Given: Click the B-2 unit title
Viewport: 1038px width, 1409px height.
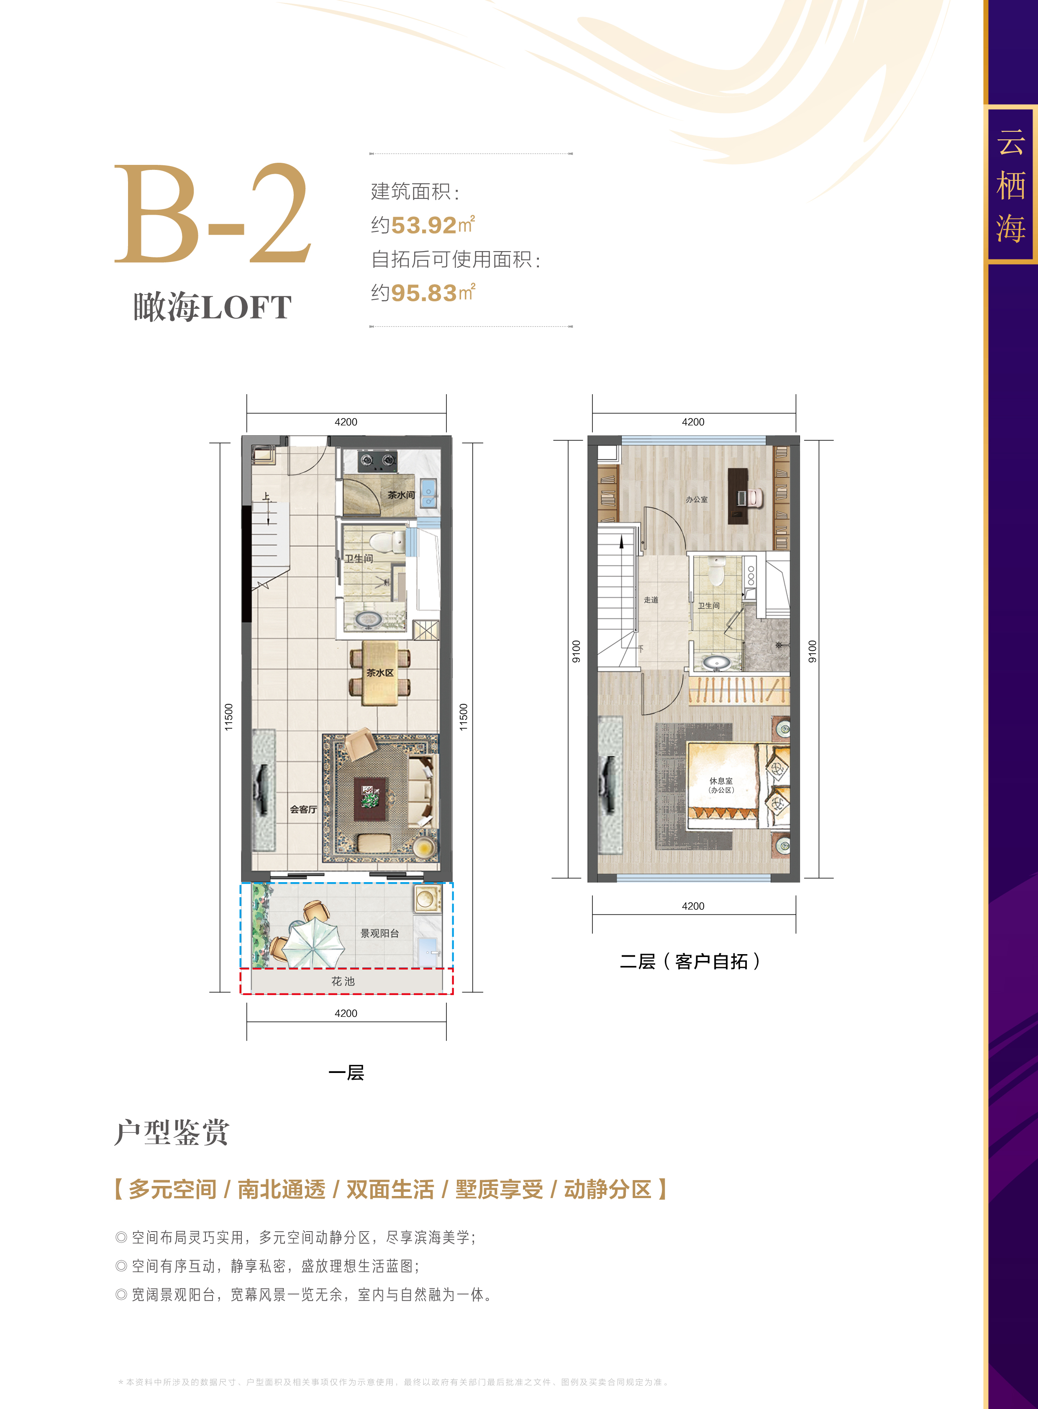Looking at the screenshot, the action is [213, 214].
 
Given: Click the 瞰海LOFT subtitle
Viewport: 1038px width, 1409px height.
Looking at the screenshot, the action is [213, 308].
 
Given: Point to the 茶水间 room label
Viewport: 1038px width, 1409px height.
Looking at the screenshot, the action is [401, 495].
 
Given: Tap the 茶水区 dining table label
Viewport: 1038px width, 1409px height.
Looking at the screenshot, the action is [380, 673].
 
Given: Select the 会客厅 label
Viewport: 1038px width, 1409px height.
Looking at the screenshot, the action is [303, 809].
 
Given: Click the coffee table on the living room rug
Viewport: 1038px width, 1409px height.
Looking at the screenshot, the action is [371, 799].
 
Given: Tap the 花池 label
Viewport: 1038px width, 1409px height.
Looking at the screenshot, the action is [343, 981].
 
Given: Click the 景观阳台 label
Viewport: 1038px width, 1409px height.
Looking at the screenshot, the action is [379, 933].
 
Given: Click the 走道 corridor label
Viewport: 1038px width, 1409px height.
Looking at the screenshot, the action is [651, 600].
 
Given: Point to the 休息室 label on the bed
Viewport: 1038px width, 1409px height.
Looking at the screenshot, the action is [721, 781].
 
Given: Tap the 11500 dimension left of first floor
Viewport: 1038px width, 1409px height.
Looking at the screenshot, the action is [229, 717].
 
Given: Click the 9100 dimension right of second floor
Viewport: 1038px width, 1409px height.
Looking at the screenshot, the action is [812, 652].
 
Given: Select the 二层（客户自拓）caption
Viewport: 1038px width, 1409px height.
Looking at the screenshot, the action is [690, 962].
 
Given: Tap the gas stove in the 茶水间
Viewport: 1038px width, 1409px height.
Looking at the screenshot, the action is [378, 461].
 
